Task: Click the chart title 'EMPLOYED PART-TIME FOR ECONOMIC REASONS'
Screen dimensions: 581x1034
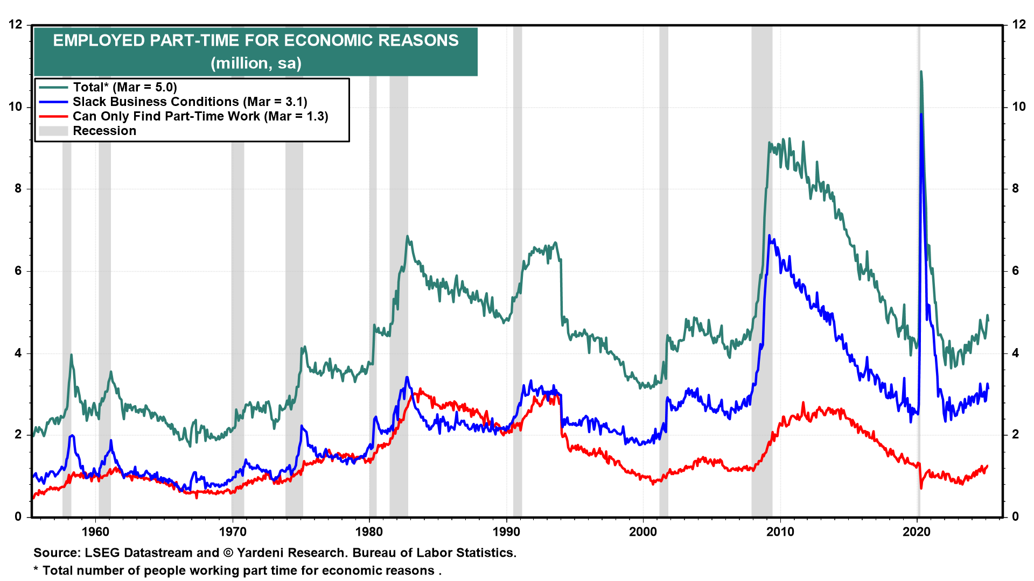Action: click(256, 40)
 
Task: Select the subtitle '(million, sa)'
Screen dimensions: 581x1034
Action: click(256, 63)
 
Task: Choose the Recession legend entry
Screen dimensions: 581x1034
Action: click(104, 131)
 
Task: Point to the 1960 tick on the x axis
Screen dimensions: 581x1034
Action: click(95, 532)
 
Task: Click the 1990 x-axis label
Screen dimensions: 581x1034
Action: click(506, 532)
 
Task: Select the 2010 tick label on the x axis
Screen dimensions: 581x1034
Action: click(780, 532)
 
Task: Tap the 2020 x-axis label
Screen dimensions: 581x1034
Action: click(917, 532)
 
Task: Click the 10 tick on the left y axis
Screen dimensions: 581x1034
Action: click(16, 107)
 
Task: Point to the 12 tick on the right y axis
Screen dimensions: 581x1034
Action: click(1019, 24)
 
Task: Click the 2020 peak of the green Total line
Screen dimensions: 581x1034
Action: click(921, 72)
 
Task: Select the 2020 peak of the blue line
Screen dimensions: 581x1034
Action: click(921, 114)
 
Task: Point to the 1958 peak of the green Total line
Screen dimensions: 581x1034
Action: click(71, 355)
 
